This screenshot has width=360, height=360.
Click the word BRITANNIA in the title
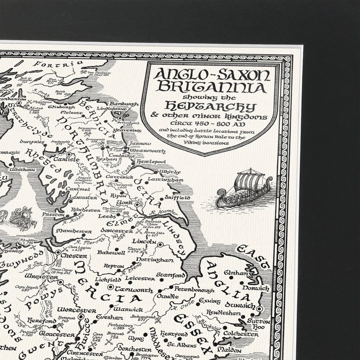point(211,87)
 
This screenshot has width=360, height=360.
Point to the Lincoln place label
point(144,242)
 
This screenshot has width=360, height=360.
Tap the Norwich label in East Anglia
point(255,288)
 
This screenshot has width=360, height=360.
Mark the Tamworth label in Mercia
point(129,290)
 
